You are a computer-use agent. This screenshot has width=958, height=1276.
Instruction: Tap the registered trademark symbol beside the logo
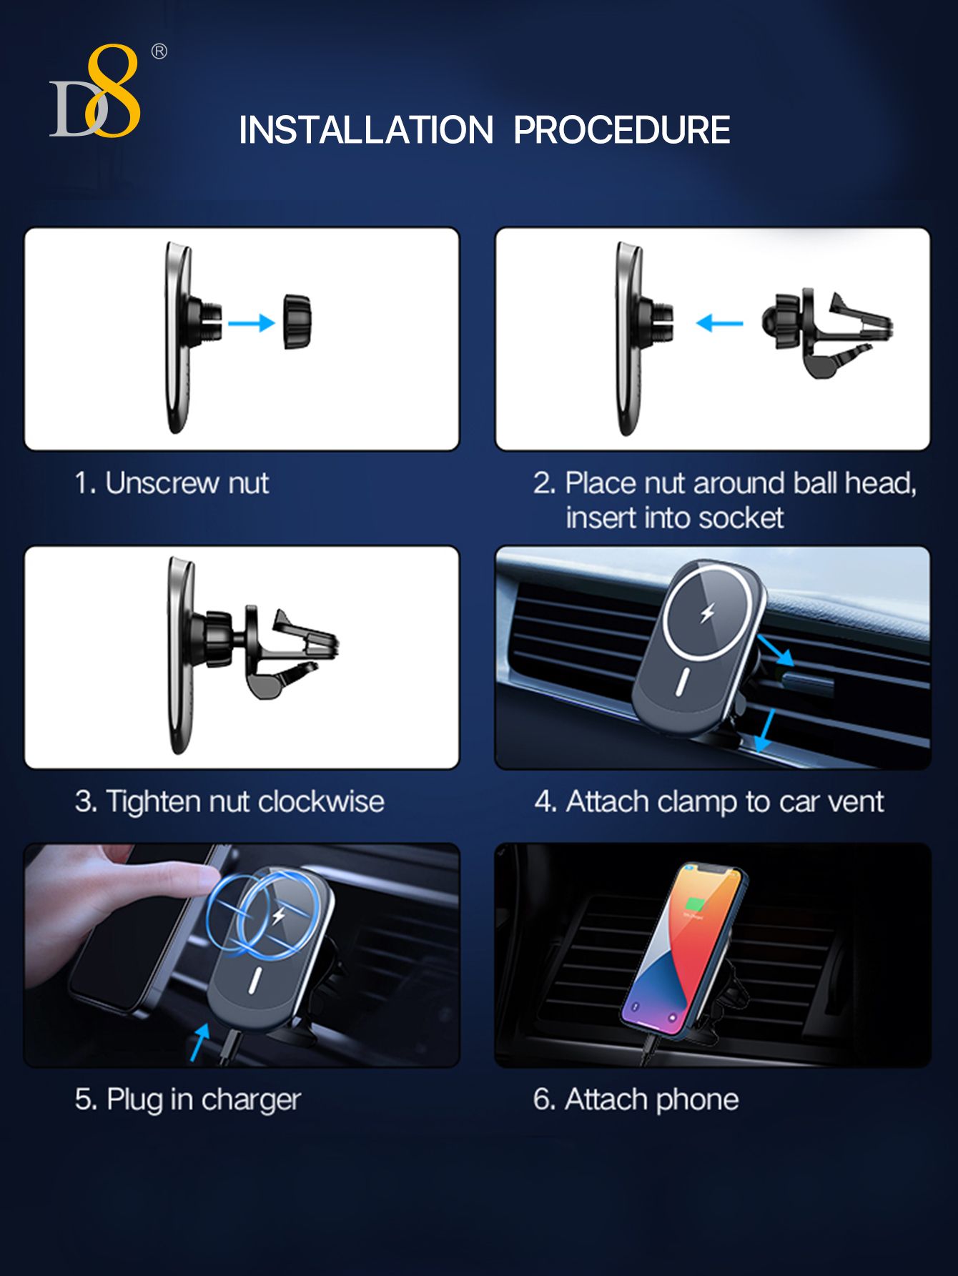(159, 51)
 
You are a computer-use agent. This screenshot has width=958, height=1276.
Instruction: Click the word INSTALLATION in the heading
(366, 130)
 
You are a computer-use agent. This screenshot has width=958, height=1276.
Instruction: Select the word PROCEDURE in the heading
(622, 130)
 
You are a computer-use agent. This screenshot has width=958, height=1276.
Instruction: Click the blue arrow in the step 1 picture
(252, 323)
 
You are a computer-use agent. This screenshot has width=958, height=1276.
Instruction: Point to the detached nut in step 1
(297, 321)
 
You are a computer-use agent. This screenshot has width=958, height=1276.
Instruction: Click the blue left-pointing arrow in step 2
(719, 324)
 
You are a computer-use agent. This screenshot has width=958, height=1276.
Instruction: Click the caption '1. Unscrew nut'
(172, 483)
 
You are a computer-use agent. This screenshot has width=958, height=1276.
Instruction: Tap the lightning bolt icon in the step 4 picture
(707, 613)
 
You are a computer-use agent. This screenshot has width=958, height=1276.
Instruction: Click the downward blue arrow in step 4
(766, 728)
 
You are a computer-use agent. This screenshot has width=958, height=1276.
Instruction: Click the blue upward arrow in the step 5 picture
(199, 1042)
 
